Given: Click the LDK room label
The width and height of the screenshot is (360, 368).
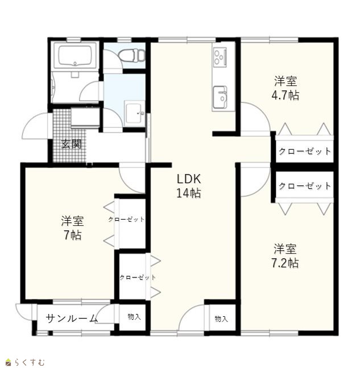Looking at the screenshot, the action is [189, 179].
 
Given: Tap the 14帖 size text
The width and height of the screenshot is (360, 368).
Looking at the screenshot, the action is [189, 193].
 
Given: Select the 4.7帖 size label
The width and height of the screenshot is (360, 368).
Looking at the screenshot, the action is [285, 96].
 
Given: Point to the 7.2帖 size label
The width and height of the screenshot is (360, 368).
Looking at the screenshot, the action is [285, 263].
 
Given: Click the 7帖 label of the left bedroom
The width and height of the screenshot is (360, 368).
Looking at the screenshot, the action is [73, 235].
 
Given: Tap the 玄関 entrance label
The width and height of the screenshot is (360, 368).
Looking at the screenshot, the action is [71, 144].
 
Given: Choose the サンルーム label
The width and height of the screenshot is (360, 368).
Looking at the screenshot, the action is [72, 319].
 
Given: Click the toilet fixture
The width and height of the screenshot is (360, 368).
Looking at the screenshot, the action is [132, 56].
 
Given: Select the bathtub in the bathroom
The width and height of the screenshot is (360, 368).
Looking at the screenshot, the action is [75, 55].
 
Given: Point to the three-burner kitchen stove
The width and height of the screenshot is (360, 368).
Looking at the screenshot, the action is [220, 57].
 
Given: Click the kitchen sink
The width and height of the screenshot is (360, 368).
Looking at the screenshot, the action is [220, 97].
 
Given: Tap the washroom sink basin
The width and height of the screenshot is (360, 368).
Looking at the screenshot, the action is [135, 113].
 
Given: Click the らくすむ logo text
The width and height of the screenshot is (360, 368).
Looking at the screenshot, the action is [30, 362].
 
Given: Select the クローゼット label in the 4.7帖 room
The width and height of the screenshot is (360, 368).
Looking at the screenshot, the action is [305, 151].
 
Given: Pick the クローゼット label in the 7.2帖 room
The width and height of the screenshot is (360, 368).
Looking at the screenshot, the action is [305, 186].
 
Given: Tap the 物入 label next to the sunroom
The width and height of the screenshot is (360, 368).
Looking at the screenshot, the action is [134, 317].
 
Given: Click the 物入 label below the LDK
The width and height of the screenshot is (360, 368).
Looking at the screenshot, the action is [221, 319].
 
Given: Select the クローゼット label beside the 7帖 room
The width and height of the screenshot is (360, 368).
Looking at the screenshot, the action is [126, 220].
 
